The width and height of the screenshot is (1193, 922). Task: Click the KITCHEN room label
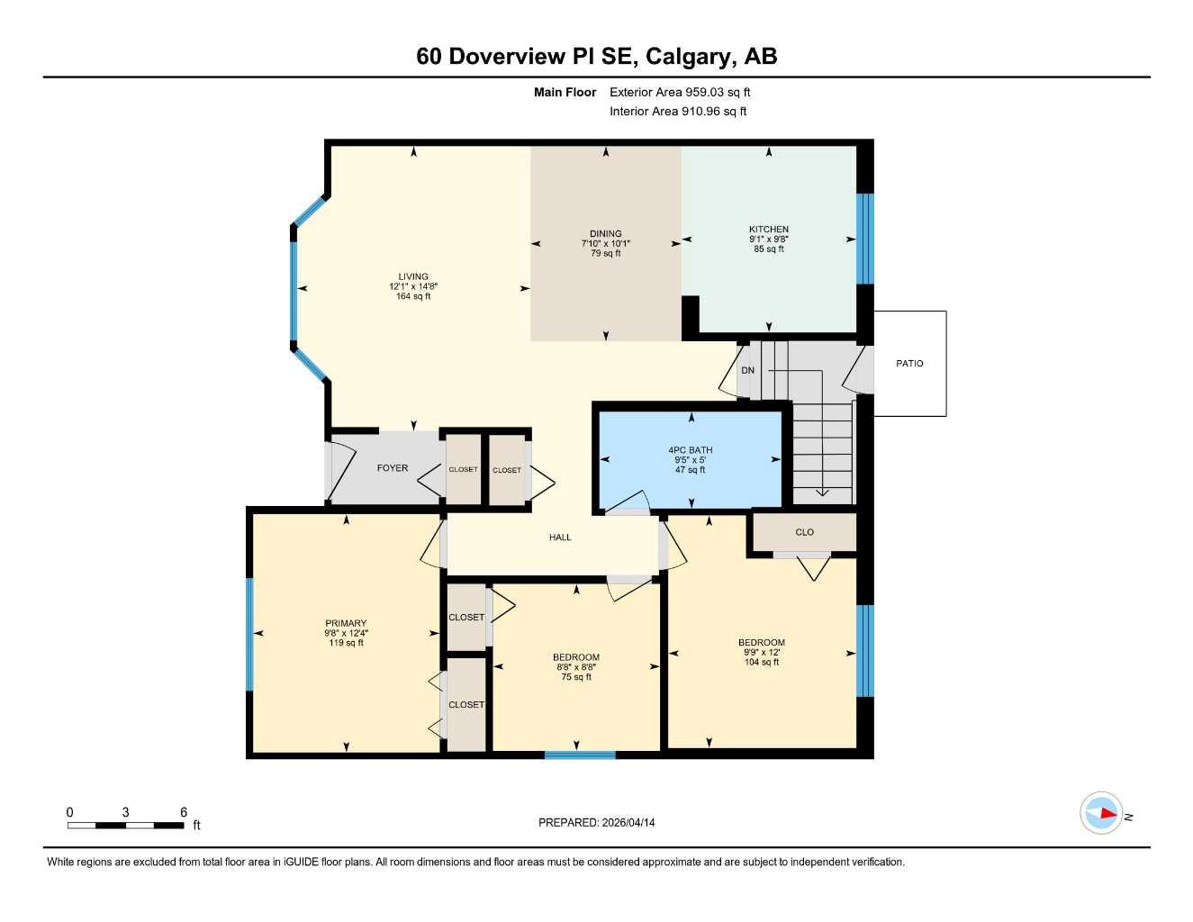tap(768, 230)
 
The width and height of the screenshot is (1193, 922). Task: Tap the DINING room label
tap(605, 234)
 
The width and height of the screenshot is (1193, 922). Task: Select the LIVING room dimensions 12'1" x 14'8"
tap(413, 286)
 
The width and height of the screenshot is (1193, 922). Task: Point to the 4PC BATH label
tap(690, 450)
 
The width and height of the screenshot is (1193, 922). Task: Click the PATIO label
tap(909, 364)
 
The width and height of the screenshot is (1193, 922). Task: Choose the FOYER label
tap(392, 468)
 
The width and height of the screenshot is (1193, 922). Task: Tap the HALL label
tap(560, 538)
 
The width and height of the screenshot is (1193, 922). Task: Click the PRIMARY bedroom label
tap(346, 623)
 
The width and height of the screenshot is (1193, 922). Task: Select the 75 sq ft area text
tap(576, 677)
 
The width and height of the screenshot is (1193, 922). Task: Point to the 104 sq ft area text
tap(762, 663)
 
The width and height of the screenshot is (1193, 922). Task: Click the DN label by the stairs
tap(747, 371)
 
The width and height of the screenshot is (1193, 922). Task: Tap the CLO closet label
tap(804, 532)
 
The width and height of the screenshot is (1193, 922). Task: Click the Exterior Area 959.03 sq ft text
tap(680, 92)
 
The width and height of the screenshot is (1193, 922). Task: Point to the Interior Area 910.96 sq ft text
tap(678, 112)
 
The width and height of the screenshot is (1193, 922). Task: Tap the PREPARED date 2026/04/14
tap(596, 822)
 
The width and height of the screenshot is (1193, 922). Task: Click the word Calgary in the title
tap(691, 57)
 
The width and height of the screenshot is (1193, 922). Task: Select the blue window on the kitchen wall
tap(864, 239)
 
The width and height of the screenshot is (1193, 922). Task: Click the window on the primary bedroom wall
tap(249, 635)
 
